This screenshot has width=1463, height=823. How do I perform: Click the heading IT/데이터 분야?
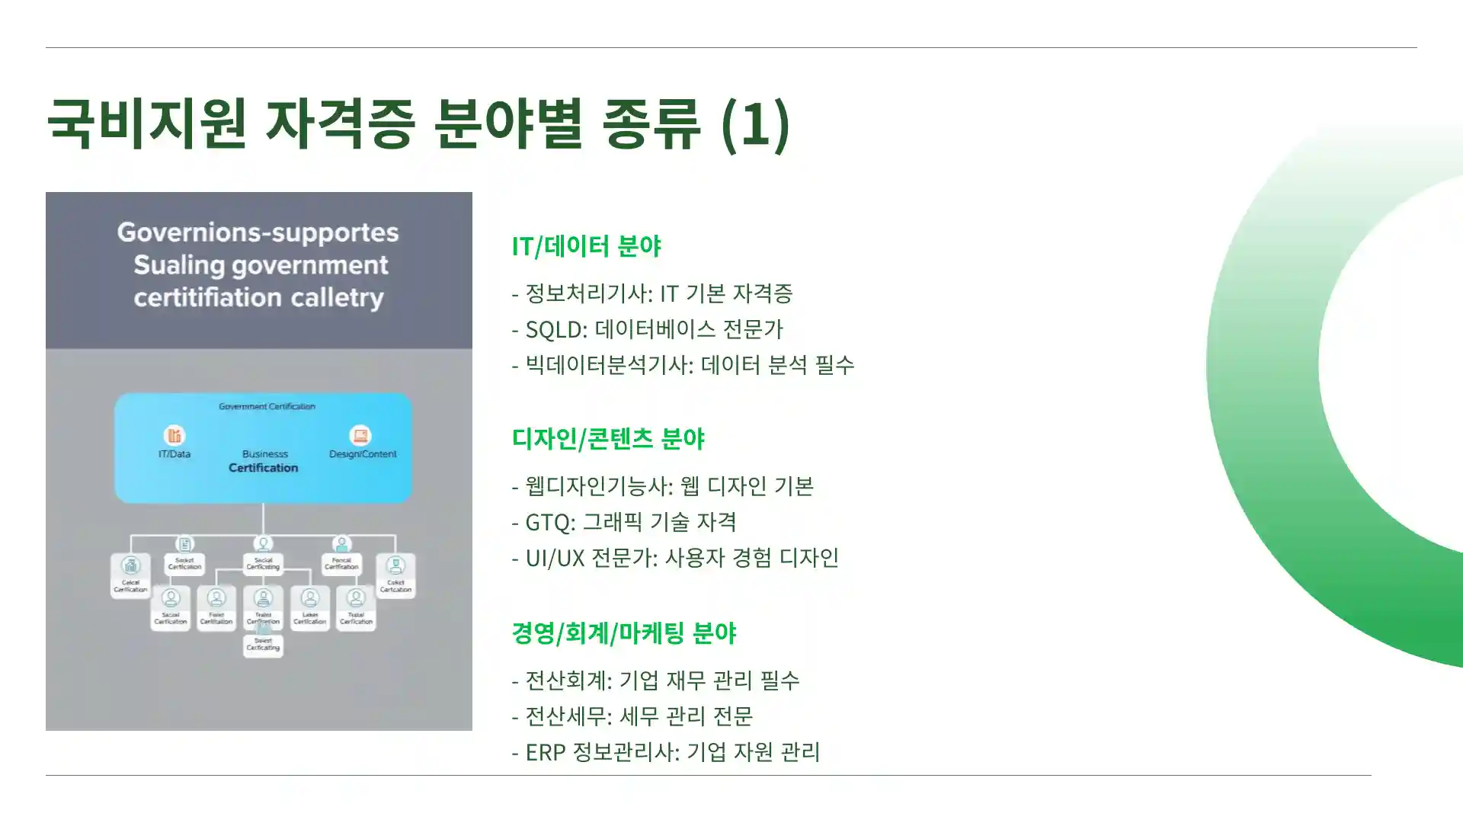[x=586, y=246]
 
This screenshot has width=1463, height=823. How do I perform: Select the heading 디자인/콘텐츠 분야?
[x=608, y=439]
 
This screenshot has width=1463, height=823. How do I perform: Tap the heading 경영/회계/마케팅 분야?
[x=623, y=633]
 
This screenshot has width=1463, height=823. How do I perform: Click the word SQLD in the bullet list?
[x=555, y=329]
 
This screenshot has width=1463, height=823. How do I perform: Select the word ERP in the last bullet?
[x=545, y=752]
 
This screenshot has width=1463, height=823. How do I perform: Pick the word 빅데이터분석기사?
[x=606, y=365]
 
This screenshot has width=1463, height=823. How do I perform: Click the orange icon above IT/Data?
[x=174, y=435]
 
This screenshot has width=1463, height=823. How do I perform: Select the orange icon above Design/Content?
[x=360, y=435]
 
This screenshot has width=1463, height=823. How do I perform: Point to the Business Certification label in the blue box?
[x=264, y=461]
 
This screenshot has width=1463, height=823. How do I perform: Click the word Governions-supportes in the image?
[x=258, y=232]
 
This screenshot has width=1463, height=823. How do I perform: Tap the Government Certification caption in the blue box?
[x=267, y=406]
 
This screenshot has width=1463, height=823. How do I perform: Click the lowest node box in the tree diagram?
[x=263, y=645]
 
